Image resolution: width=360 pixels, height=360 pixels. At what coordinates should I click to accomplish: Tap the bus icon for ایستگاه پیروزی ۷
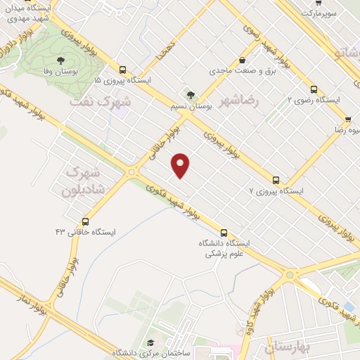pyautogui.click(x=275, y=180)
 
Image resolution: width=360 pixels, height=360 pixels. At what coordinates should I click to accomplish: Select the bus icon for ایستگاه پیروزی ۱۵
pyautogui.click(x=123, y=70)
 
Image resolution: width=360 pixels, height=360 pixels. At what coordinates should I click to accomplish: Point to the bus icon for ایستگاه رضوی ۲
pyautogui.click(x=314, y=89)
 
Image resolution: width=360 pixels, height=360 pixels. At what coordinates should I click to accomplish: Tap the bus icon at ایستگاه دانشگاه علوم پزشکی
pyautogui.click(x=224, y=232)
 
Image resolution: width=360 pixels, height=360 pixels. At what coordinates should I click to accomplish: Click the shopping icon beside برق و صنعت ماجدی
pyautogui.click(x=242, y=60)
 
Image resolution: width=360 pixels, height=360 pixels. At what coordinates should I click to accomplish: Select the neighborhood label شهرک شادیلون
pyautogui.click(x=84, y=181)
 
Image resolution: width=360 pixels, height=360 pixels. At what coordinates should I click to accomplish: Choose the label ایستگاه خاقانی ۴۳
pyautogui.click(x=86, y=231)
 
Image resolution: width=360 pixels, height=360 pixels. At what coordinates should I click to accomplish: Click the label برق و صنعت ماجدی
pyautogui.click(x=241, y=72)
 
